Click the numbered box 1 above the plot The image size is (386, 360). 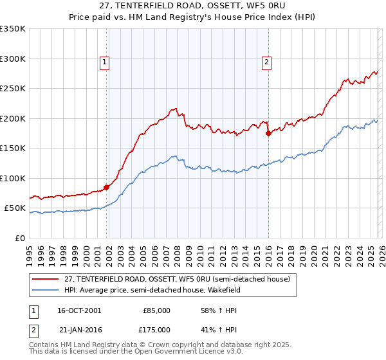pyautogui.click(x=104, y=62)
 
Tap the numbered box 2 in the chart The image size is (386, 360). pyautogui.click(x=266, y=62)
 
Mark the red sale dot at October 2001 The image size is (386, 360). pyautogui.click(x=107, y=187)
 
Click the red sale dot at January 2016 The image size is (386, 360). pyautogui.click(x=268, y=134)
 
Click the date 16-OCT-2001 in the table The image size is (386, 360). pyautogui.click(x=79, y=310)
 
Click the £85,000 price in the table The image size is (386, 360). pyautogui.click(x=156, y=310)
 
